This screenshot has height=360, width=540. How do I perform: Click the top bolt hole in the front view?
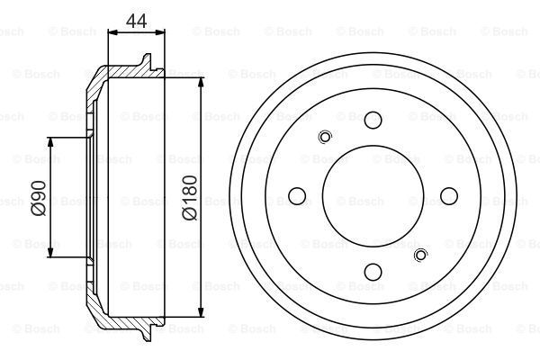click(373, 117)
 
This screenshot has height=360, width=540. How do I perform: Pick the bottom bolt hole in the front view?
click(373, 270)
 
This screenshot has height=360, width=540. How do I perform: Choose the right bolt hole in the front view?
click(449, 194)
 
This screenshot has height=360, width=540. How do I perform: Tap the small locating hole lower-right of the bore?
click(419, 256)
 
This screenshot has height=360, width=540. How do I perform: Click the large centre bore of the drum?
click(373, 194)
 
